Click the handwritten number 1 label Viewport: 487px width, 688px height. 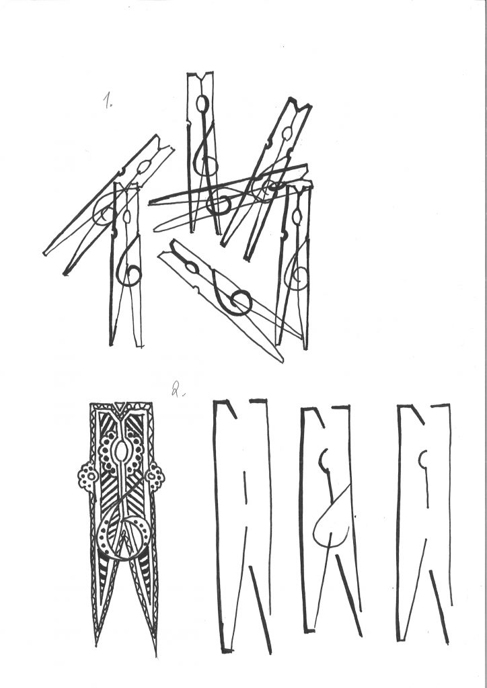[108, 101]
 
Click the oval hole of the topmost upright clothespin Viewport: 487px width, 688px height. [202, 104]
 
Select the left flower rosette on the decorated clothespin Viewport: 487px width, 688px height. [88, 477]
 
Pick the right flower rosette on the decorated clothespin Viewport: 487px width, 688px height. [155, 476]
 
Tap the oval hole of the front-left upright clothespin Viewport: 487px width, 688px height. [126, 217]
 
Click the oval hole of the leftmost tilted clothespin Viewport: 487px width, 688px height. [144, 167]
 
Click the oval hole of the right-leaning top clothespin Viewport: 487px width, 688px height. [287, 133]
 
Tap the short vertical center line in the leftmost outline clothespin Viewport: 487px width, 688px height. [245, 487]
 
